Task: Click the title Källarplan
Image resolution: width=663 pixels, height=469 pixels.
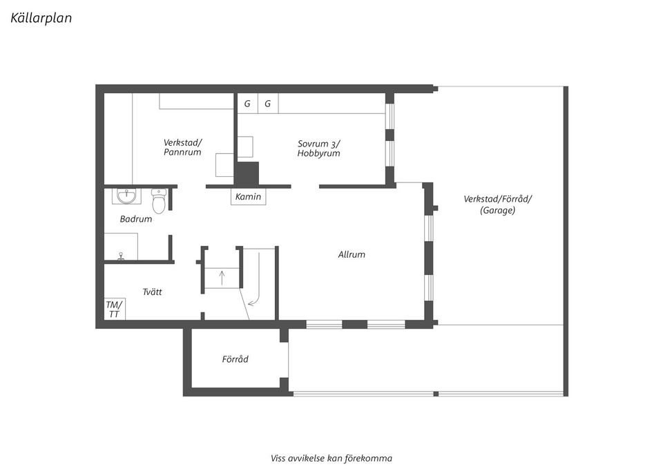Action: point(41,18)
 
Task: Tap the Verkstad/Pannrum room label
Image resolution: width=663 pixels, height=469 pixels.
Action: point(182,147)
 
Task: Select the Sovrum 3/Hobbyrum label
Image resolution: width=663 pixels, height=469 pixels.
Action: point(318,149)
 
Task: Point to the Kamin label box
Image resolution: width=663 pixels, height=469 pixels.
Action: point(248,197)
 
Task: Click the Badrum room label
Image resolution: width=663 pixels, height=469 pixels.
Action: point(135,219)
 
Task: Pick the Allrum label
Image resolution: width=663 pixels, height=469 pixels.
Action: point(352,254)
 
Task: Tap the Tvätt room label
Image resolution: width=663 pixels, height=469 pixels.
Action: point(152,292)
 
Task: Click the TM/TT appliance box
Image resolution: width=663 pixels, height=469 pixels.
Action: point(113,309)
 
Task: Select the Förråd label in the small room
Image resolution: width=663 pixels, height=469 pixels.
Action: point(235,359)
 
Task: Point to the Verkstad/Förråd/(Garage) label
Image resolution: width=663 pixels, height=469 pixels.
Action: point(497,204)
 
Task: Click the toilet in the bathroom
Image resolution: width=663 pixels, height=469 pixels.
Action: point(159,201)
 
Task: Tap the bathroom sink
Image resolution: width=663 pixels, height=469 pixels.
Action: point(126,197)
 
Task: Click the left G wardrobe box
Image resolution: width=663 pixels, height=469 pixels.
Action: point(247,104)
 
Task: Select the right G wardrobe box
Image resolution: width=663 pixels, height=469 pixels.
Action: point(267,104)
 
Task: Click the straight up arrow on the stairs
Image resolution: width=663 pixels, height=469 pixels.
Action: point(222,278)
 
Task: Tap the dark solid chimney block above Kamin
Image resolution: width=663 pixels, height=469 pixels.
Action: point(247,173)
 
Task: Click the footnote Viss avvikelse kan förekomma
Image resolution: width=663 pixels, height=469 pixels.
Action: point(331,458)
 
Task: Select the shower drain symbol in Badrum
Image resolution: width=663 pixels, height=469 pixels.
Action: point(122,255)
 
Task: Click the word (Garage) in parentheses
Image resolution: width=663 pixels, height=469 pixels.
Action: point(497,211)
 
